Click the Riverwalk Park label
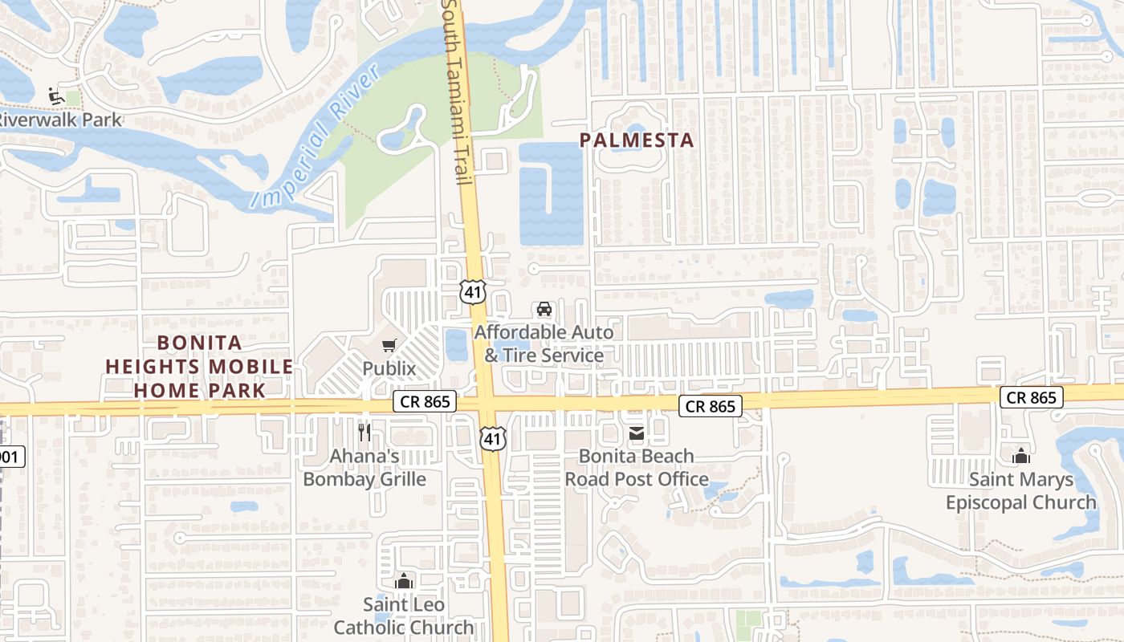pos(61,120)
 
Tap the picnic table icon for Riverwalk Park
pos(55,96)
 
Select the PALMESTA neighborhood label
pos(637,140)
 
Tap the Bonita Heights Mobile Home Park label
pos(199,367)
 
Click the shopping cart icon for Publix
pos(389,346)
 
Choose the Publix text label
pos(389,368)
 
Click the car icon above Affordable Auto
pos(544,309)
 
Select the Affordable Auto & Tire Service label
pos(544,343)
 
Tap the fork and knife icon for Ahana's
pos(364,433)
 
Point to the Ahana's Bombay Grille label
pos(364,467)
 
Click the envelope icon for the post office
pos(637,434)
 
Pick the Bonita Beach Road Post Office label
pos(637,467)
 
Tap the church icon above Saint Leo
pos(404,581)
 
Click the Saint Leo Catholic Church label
pos(404,616)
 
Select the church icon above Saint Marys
pos(1021,457)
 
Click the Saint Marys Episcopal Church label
pos(1021,491)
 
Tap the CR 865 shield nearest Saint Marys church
pos(1032,397)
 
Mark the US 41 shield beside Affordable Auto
pos(473,292)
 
